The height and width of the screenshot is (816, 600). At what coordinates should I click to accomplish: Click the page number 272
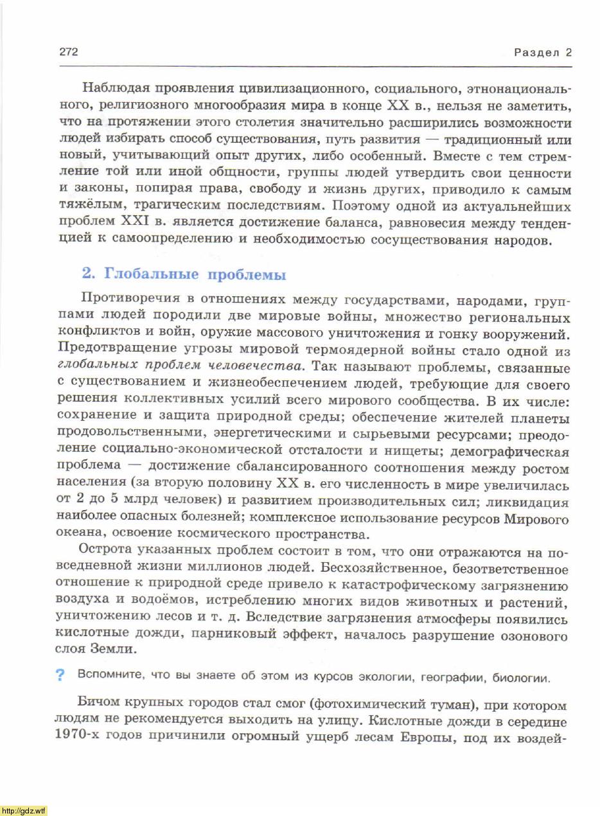pyautogui.click(x=69, y=52)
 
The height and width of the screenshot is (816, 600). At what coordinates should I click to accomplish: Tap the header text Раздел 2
pyautogui.click(x=542, y=53)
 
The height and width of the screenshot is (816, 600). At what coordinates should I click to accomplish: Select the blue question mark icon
pyautogui.click(x=60, y=675)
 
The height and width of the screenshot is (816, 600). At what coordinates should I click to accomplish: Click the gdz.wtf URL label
pyautogui.click(x=24, y=810)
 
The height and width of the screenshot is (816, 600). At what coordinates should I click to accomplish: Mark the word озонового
pyautogui.click(x=538, y=636)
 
